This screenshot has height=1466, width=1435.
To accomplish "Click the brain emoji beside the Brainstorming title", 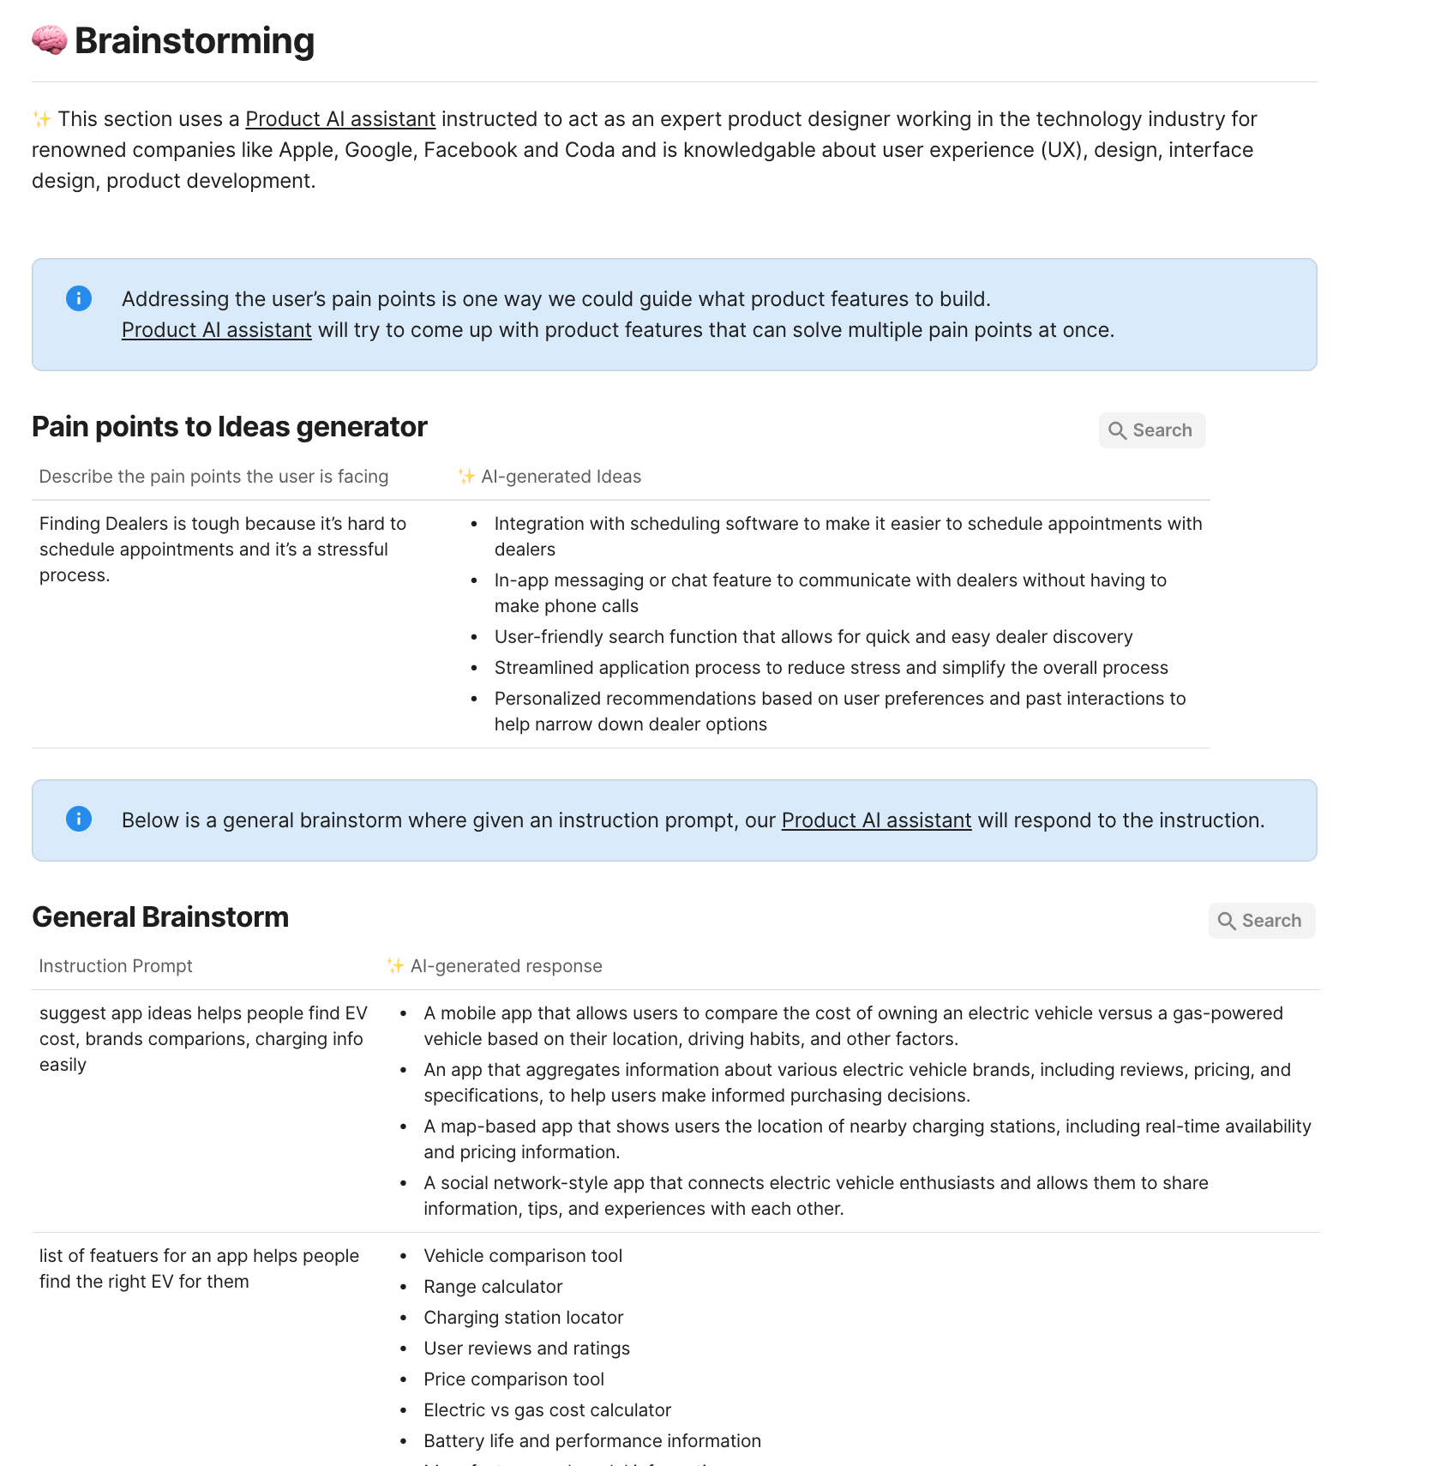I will click(x=49, y=40).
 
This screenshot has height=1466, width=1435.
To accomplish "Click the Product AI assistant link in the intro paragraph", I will click(x=340, y=119).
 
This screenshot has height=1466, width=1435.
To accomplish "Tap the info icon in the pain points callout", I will click(x=79, y=298).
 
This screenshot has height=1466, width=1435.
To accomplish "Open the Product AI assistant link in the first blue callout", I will click(x=216, y=330).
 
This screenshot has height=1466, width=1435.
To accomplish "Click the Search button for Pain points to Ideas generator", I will click(x=1151, y=430).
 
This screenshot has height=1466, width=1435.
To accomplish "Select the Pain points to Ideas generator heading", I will click(x=229, y=427).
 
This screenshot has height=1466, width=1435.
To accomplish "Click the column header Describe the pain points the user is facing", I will click(x=213, y=477).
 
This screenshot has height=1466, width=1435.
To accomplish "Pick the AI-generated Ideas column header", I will click(x=561, y=477).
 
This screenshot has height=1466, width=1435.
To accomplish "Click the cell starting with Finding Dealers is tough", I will click(x=223, y=549).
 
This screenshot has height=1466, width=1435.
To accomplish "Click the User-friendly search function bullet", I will click(x=813, y=637).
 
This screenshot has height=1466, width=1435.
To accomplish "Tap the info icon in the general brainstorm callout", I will click(x=79, y=819).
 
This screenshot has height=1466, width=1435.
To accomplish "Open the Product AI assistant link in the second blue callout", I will click(x=876, y=820).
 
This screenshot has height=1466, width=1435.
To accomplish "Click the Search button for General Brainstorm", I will click(x=1261, y=921).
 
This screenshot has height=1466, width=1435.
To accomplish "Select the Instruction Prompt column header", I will click(x=116, y=966).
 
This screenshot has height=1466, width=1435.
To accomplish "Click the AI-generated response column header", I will click(x=506, y=966).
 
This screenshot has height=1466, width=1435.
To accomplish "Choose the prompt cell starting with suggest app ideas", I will click(x=203, y=1038).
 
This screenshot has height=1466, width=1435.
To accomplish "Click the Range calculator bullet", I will click(x=493, y=1287).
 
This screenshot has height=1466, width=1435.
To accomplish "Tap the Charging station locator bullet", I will click(x=523, y=1318).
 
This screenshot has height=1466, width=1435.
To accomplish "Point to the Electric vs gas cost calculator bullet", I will click(x=547, y=1410).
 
